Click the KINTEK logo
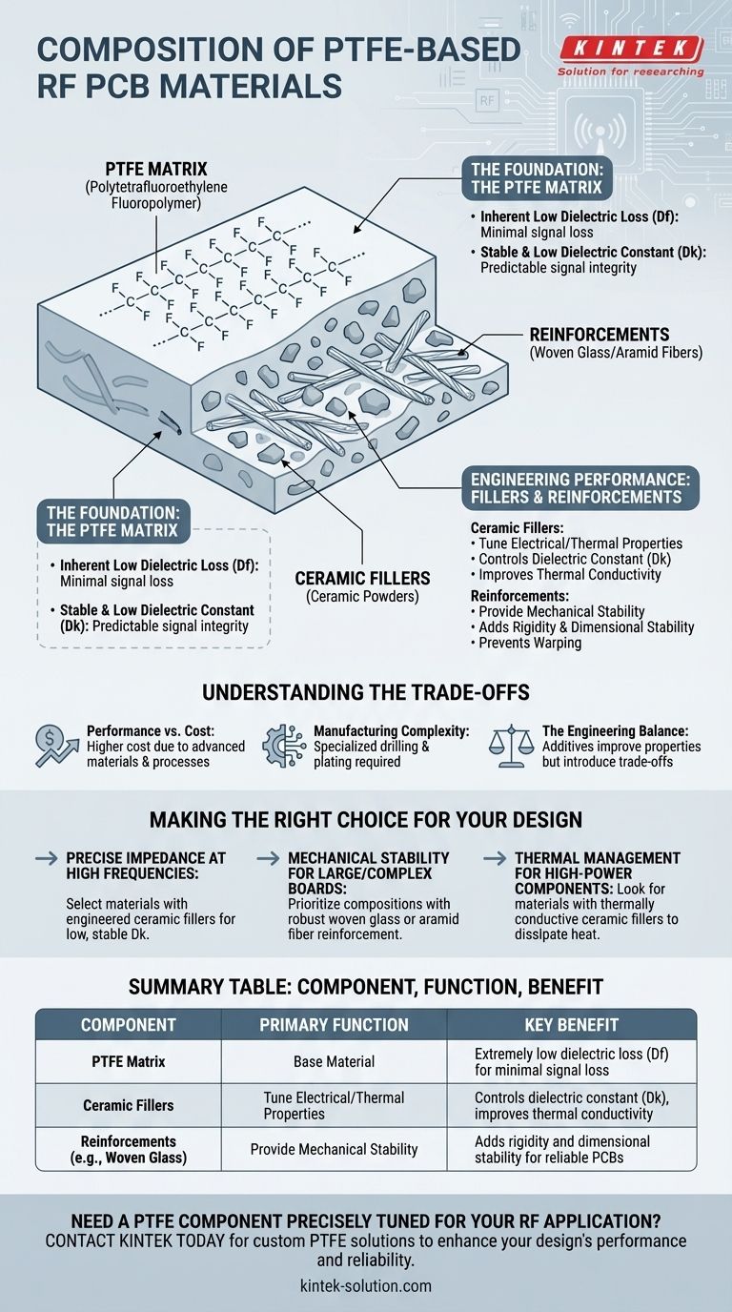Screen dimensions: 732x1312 tap(631, 55)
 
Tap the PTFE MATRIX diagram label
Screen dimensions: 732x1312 tap(156, 170)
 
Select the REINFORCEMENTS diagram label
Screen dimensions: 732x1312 tap(600, 335)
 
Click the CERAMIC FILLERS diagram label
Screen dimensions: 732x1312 tap(362, 579)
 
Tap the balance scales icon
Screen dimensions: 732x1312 tap(512, 747)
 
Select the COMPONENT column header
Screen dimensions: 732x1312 tap(129, 1024)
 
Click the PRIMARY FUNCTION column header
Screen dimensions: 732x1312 tap(334, 1024)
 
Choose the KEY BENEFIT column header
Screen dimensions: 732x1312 tap(572, 1024)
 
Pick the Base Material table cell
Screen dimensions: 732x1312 tap(334, 1061)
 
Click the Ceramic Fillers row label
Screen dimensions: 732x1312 tap(129, 1105)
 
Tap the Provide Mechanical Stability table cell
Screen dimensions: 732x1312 tap(334, 1149)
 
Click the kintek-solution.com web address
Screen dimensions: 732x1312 tap(365, 1286)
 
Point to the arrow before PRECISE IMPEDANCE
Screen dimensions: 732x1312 tap(47, 859)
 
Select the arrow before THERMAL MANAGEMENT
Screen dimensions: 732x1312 tap(495, 859)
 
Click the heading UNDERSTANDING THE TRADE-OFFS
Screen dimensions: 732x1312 tap(366, 692)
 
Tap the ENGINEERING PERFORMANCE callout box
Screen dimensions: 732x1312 tap(580, 488)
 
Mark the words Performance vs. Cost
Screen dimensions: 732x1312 tap(151, 731)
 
